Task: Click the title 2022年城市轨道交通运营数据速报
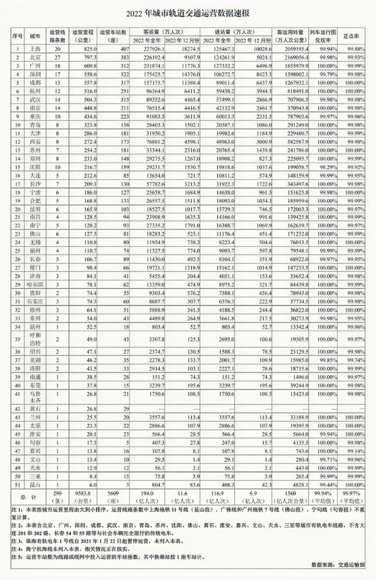[188, 14]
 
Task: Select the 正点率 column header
[351, 36]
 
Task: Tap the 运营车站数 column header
[113, 36]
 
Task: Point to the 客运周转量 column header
[290, 36]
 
